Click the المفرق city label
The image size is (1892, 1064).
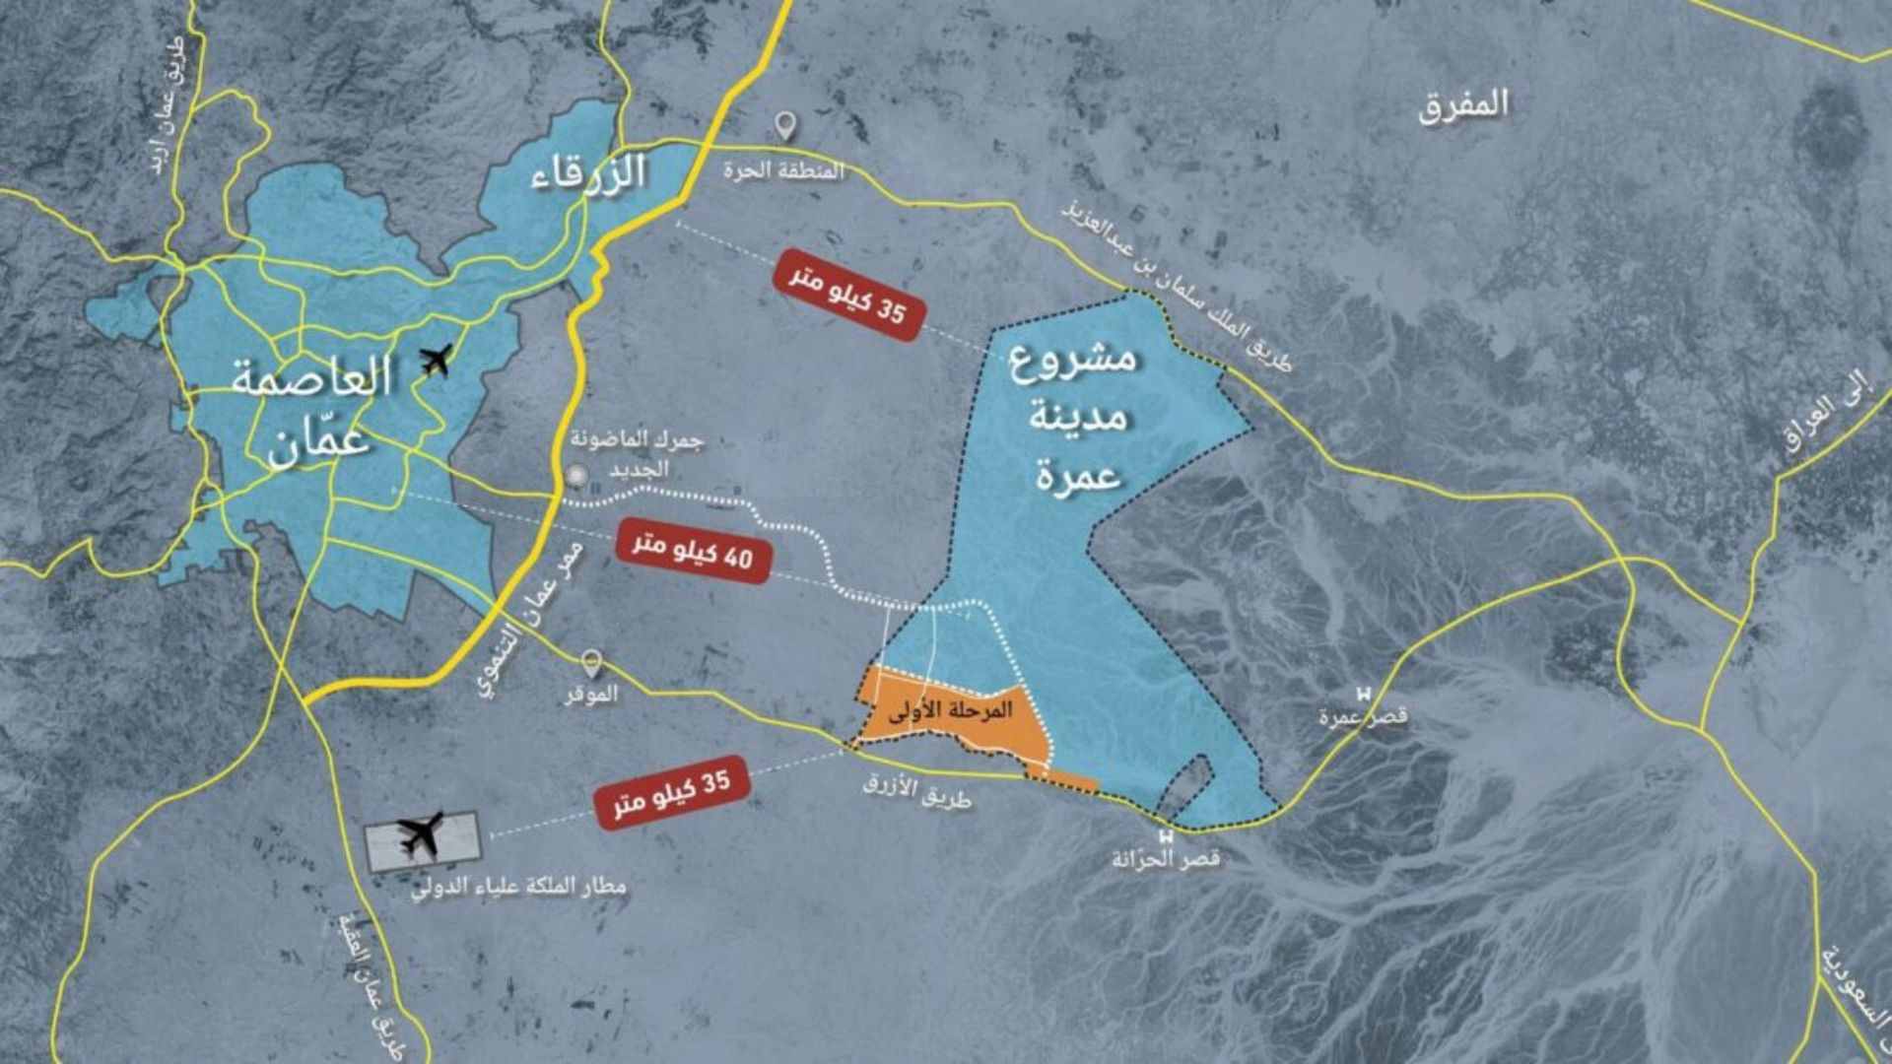(x=1463, y=105)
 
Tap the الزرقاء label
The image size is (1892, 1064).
(x=588, y=173)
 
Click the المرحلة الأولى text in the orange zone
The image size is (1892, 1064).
(x=950, y=711)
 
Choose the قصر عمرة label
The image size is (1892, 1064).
(x=1364, y=716)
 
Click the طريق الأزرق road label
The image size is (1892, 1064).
(x=916, y=791)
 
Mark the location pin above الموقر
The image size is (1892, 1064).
(x=591, y=662)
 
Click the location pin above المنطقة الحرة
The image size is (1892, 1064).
(x=784, y=126)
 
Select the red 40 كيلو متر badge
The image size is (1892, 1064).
(x=693, y=552)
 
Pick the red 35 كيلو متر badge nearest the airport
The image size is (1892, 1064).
(x=673, y=793)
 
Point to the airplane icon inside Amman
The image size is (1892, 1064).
(x=435, y=361)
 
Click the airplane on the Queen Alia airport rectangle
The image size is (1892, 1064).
(x=422, y=836)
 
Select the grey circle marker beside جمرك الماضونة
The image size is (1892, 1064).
(x=576, y=477)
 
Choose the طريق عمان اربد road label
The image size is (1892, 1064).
(x=176, y=108)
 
